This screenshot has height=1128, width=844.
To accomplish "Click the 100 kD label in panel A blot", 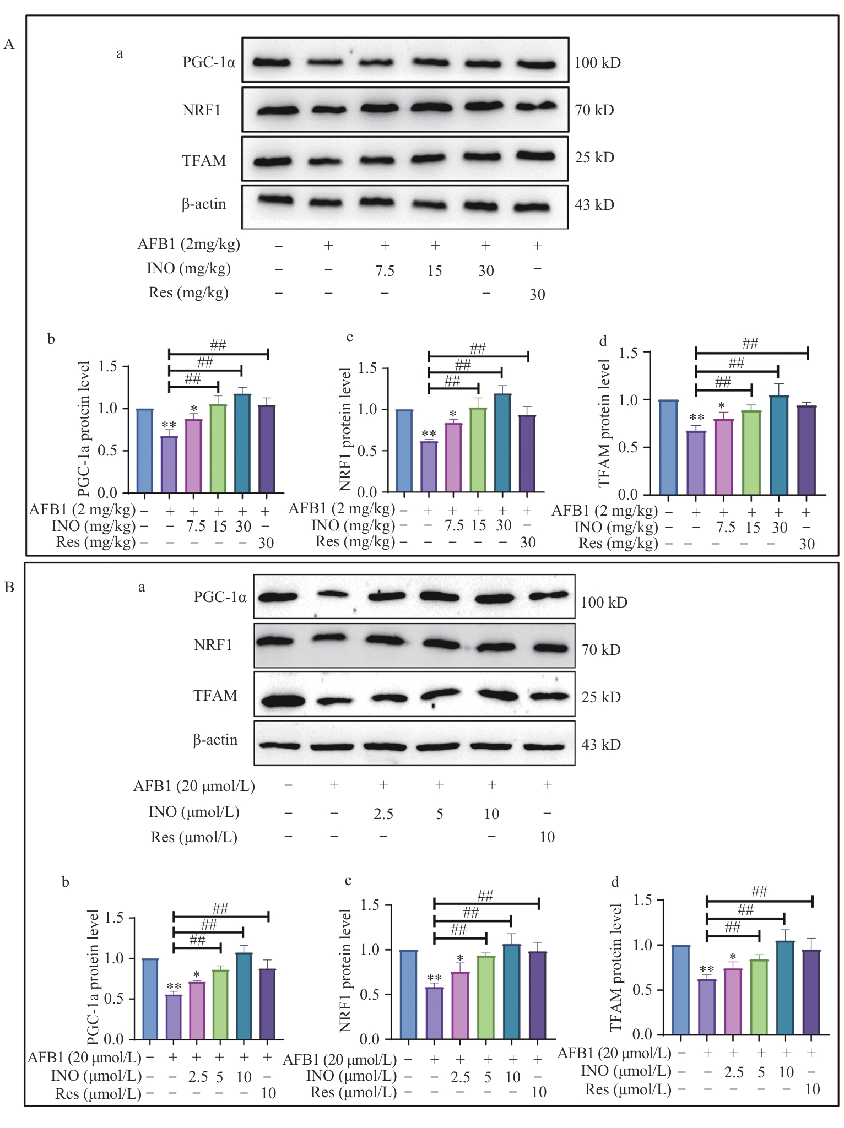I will pyautogui.click(x=597, y=63).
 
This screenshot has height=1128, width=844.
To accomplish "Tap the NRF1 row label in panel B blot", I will pyautogui.click(x=213, y=645).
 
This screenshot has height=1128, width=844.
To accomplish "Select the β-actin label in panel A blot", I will pyautogui.click(x=204, y=204).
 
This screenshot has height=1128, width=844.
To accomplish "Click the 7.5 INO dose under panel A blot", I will pyautogui.click(x=384, y=270).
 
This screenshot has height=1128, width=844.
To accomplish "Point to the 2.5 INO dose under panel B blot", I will pyautogui.click(x=383, y=814).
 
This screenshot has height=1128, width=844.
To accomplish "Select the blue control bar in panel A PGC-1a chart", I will pyautogui.click(x=145, y=451).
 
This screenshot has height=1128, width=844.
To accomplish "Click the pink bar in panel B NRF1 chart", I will pyautogui.click(x=460, y=1006).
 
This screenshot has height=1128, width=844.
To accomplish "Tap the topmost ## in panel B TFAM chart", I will pyautogui.click(x=759, y=891).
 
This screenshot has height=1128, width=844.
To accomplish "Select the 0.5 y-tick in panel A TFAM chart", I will pyautogui.click(x=629, y=447).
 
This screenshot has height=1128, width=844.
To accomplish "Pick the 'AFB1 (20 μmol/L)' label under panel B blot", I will pyautogui.click(x=194, y=786).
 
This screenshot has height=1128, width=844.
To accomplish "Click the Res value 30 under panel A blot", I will pyautogui.click(x=537, y=295).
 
